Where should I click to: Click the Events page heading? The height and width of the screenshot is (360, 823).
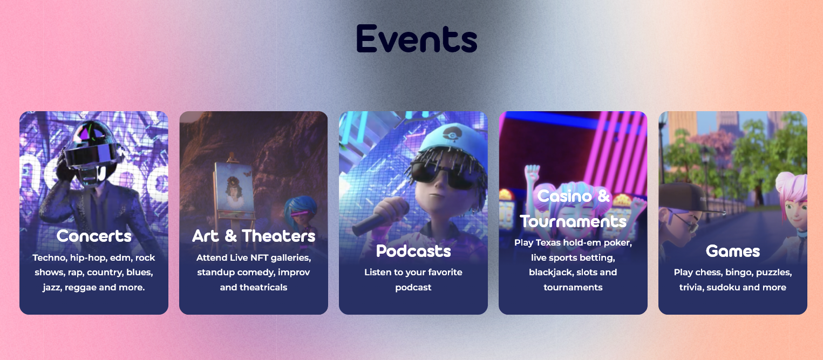417,38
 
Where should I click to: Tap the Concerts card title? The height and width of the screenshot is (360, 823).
94,236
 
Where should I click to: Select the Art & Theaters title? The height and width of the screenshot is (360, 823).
254,236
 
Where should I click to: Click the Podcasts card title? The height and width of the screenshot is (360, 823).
413,251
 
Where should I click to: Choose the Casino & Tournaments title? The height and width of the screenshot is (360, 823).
573,208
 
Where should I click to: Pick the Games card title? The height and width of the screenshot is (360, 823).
733,251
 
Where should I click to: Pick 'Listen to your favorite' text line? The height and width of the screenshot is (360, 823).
413,272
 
